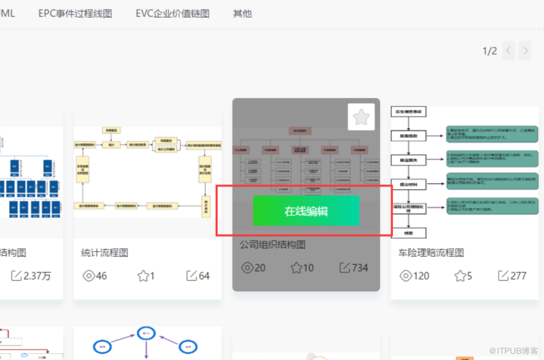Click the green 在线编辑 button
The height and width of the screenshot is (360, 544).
pyautogui.click(x=306, y=211)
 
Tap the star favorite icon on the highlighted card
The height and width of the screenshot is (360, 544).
pyautogui.click(x=361, y=117)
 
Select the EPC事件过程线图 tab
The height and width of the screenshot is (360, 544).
pyautogui.click(x=75, y=13)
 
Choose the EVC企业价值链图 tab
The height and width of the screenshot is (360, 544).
pyautogui.click(x=173, y=13)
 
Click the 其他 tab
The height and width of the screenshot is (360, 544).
pyautogui.click(x=242, y=13)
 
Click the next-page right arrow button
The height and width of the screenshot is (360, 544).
pyautogui.click(x=525, y=51)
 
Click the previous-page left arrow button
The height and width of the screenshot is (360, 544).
pyautogui.click(x=509, y=51)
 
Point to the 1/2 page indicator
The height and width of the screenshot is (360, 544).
pyautogui.click(x=490, y=51)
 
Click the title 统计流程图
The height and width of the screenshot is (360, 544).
pyautogui.click(x=105, y=252)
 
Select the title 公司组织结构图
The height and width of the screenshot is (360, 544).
pyautogui.click(x=272, y=245)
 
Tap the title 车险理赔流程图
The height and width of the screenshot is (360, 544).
pyautogui.click(x=431, y=252)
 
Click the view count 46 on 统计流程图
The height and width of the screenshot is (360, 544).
pyautogui.click(x=94, y=276)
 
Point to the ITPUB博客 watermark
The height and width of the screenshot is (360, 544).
pyautogui.click(x=507, y=350)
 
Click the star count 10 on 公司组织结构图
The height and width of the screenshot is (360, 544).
pyautogui.click(x=302, y=268)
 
